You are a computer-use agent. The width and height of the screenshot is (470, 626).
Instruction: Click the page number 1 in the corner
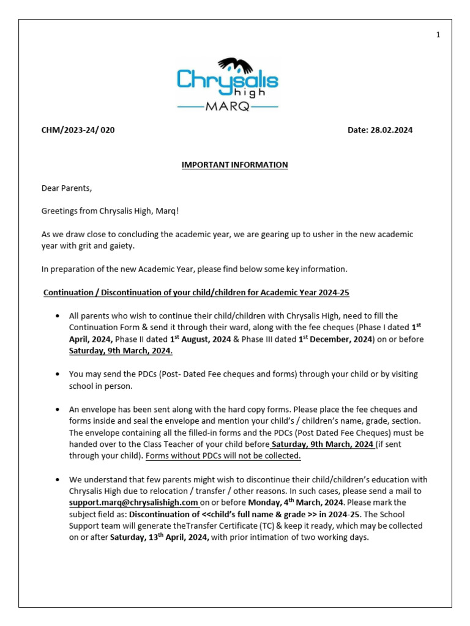(x=438, y=35)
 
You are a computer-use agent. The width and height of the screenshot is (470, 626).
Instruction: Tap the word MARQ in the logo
(x=228, y=106)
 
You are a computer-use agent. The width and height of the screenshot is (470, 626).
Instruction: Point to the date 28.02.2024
(x=380, y=130)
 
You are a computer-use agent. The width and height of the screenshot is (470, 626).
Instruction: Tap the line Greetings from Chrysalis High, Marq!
(x=110, y=212)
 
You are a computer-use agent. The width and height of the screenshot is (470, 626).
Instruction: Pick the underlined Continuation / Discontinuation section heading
(x=196, y=293)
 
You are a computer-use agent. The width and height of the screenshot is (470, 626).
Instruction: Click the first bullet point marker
(x=57, y=316)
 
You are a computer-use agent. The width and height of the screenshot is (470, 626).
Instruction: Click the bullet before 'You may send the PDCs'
(x=57, y=374)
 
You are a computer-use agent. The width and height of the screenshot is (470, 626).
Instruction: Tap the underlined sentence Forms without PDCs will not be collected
(x=223, y=456)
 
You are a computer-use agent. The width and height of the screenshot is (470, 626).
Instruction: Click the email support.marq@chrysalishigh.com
(x=133, y=503)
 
